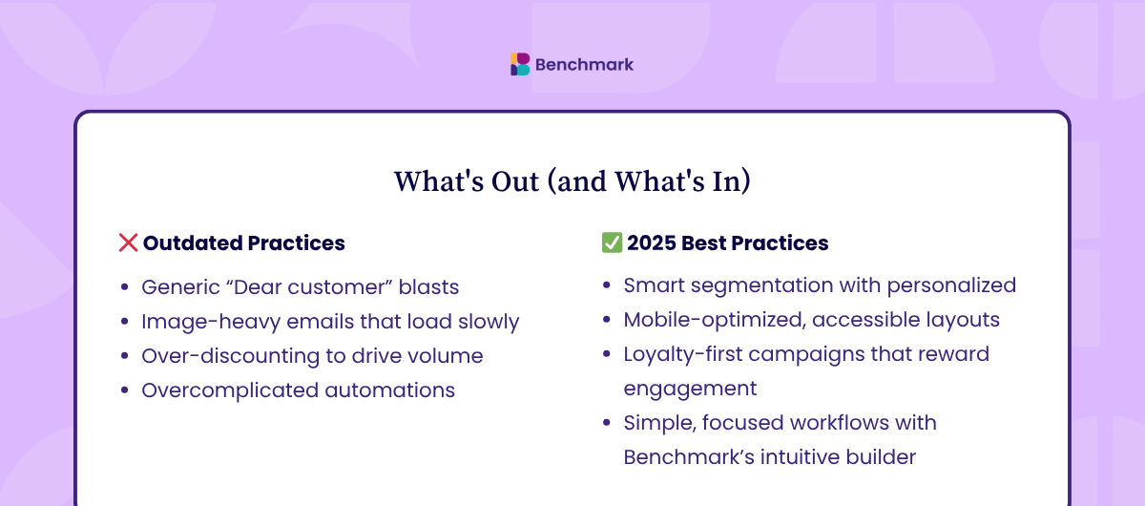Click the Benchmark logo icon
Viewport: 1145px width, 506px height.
pos(520,65)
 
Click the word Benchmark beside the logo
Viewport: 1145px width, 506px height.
pos(584,65)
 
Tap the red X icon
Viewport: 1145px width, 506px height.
pos(128,242)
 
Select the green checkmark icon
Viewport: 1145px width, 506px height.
pos(612,242)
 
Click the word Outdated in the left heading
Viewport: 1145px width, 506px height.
pos(193,243)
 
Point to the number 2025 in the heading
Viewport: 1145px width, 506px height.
pos(652,243)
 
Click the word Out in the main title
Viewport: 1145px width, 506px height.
pos(515,181)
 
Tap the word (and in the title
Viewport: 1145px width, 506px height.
pos(577,181)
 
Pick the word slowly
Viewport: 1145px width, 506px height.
pos(489,322)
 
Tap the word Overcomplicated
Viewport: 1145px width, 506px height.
pos(230,390)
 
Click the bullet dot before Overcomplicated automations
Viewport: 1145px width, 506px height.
pos(124,390)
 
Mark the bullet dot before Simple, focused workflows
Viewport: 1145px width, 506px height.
pos(607,423)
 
